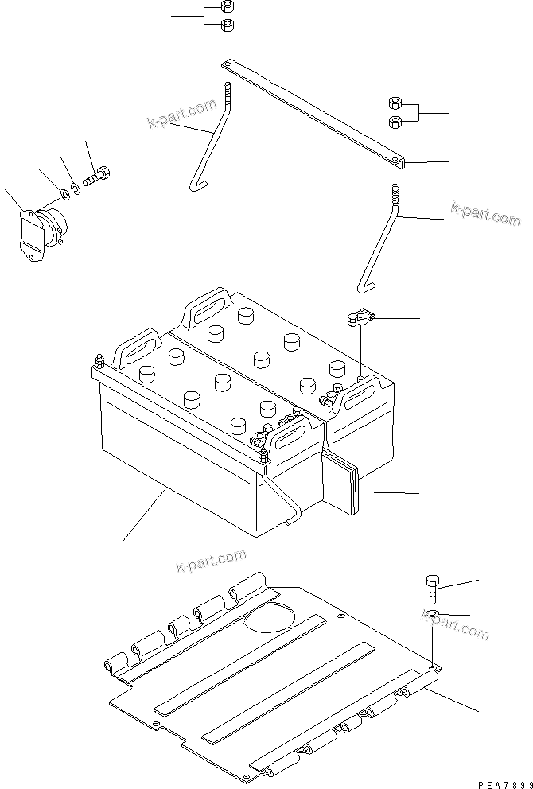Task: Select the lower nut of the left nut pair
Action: coord(226,25)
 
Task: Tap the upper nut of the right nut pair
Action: coord(395,103)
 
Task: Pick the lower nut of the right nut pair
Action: coord(395,121)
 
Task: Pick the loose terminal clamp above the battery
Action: coord(357,320)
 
